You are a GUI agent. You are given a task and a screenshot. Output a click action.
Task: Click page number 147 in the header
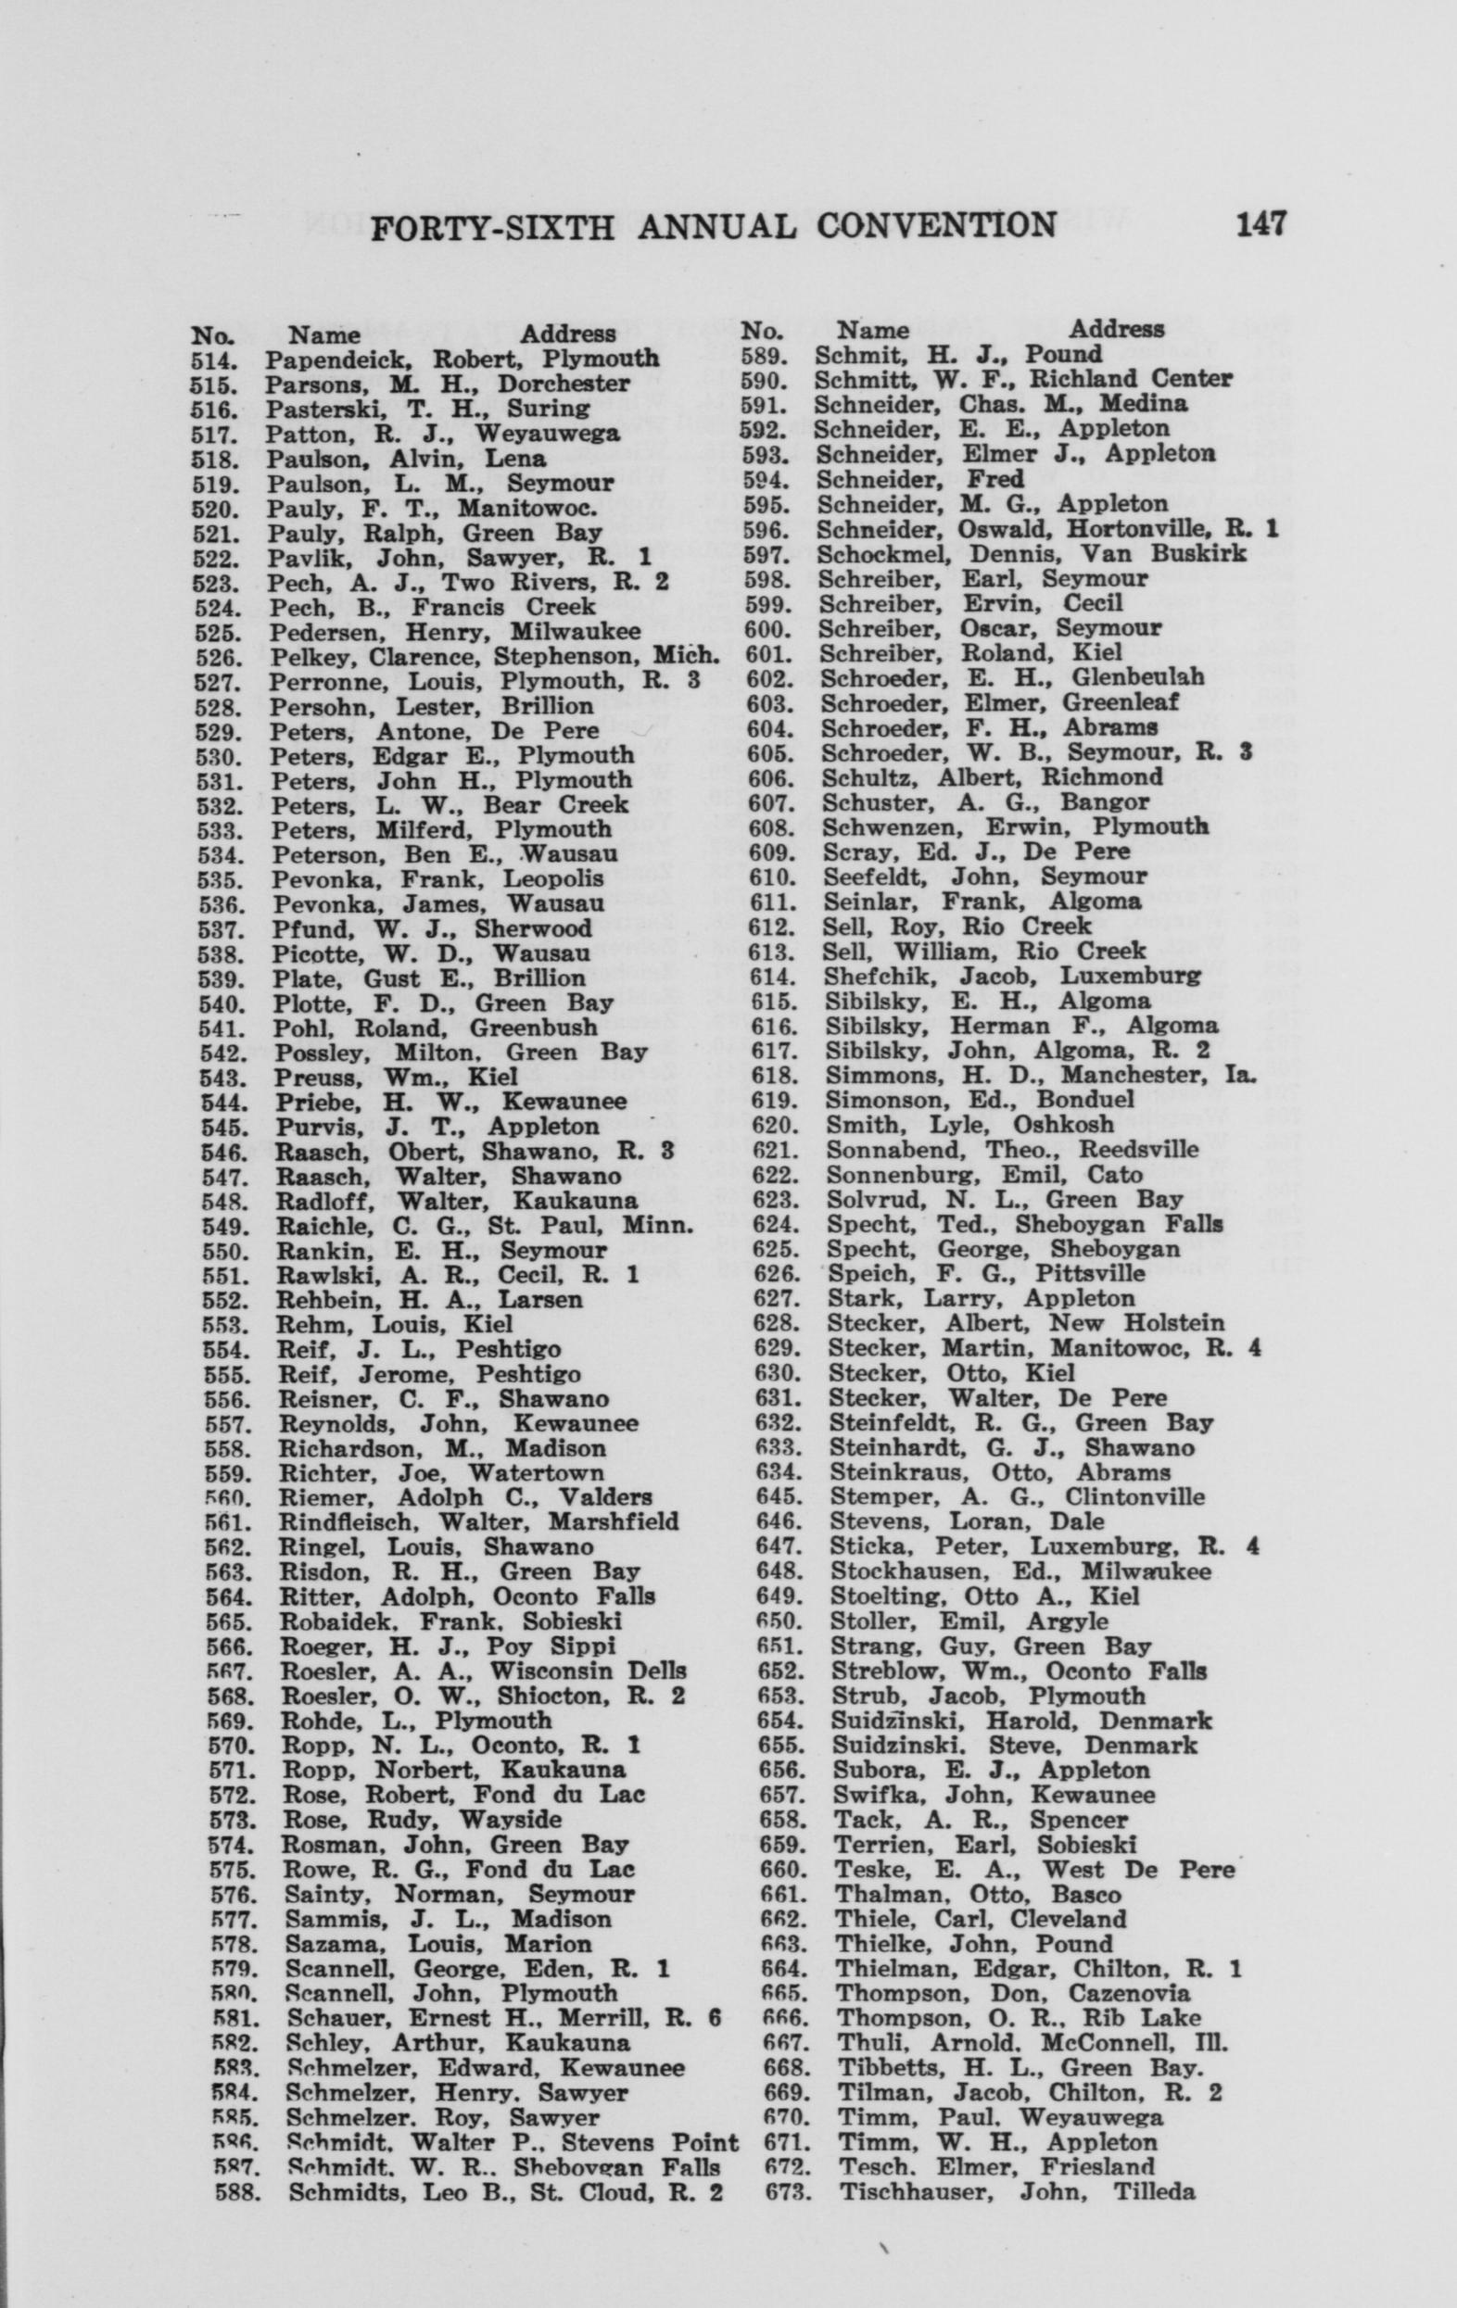point(1260,224)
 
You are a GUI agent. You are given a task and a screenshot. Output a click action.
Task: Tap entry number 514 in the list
point(212,359)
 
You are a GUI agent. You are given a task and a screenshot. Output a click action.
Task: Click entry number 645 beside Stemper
point(779,1497)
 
